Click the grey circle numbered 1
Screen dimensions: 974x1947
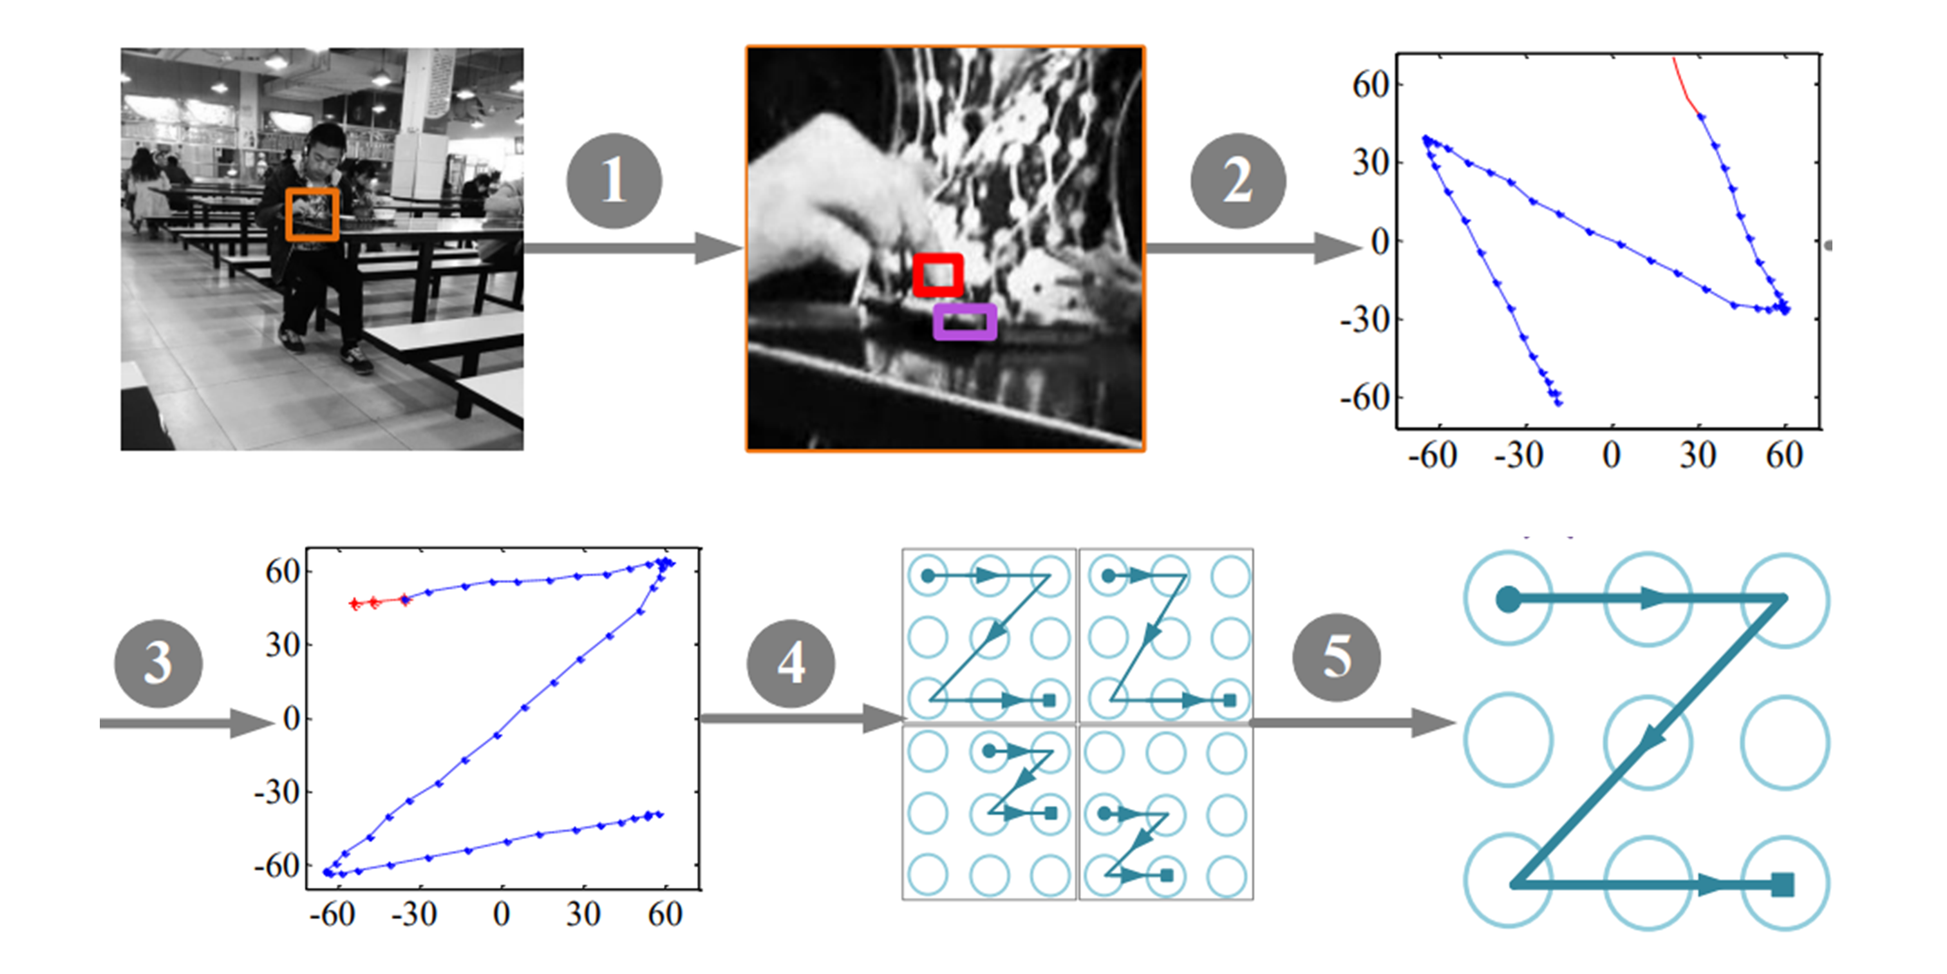pyautogui.click(x=614, y=181)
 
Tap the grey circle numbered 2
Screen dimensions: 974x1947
pyautogui.click(x=1237, y=181)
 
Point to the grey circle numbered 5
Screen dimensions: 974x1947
pyautogui.click(x=1336, y=656)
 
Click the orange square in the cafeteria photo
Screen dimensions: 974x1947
pyautogui.click(x=312, y=214)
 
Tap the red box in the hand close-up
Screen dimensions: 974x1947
pyautogui.click(x=938, y=274)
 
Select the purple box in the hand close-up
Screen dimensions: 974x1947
pyautogui.click(x=964, y=322)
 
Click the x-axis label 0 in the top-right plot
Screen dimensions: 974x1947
pyautogui.click(x=1612, y=455)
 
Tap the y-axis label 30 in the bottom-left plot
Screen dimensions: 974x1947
pyautogui.click(x=283, y=645)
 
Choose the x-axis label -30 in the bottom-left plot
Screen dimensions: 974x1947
pyautogui.click(x=414, y=914)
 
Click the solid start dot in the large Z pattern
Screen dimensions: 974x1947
pyautogui.click(x=1508, y=600)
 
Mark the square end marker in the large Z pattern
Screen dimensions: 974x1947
pyautogui.click(x=1782, y=884)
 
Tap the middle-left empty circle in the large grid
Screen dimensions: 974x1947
pyautogui.click(x=1509, y=740)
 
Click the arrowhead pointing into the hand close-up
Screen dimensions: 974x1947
pyautogui.click(x=718, y=248)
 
